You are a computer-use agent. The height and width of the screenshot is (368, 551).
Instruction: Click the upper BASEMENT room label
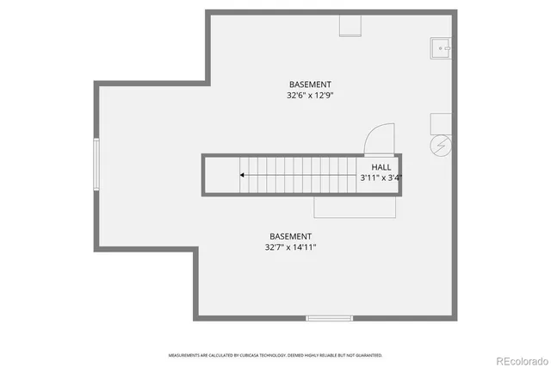tap(311, 84)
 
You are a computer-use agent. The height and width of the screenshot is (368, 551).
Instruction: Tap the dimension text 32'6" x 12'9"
tap(311, 96)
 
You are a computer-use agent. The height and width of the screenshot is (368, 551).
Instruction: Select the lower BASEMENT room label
tap(290, 236)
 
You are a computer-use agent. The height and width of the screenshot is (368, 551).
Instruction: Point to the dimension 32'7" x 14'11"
tap(290, 247)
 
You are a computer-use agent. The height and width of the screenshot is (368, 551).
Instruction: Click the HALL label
tap(381, 167)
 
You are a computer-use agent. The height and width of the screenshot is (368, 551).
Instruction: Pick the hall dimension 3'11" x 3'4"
tap(381, 178)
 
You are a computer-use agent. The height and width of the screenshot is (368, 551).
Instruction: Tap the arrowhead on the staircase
tap(243, 175)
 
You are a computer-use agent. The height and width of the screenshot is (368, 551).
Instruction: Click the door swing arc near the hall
tap(379, 138)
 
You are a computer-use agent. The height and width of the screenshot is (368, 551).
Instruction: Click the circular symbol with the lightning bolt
tap(441, 146)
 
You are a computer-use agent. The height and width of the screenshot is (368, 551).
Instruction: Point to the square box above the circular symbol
tap(441, 122)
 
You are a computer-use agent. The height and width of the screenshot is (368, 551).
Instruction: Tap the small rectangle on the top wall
tap(350, 25)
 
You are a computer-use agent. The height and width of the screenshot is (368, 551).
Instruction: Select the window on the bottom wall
tap(329, 319)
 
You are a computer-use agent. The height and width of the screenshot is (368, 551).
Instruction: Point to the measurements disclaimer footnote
tap(275, 355)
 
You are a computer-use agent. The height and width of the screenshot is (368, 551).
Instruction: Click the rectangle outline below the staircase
tap(355, 206)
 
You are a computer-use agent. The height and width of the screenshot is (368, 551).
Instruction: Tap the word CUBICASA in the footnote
tap(254, 355)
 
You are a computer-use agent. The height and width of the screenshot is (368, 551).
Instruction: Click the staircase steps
tap(301, 175)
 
